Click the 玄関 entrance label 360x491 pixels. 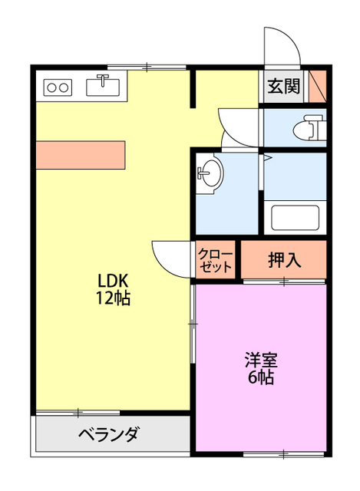[283, 86]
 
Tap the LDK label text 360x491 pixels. [112, 280]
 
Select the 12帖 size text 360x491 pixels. [112, 298]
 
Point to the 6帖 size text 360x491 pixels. [261, 377]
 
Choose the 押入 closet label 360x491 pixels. [284, 261]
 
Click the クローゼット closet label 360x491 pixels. [215, 261]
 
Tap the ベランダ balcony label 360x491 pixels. [108, 436]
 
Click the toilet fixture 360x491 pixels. [311, 127]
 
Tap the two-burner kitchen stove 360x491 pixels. [58, 87]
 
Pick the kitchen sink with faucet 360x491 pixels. [101, 86]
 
